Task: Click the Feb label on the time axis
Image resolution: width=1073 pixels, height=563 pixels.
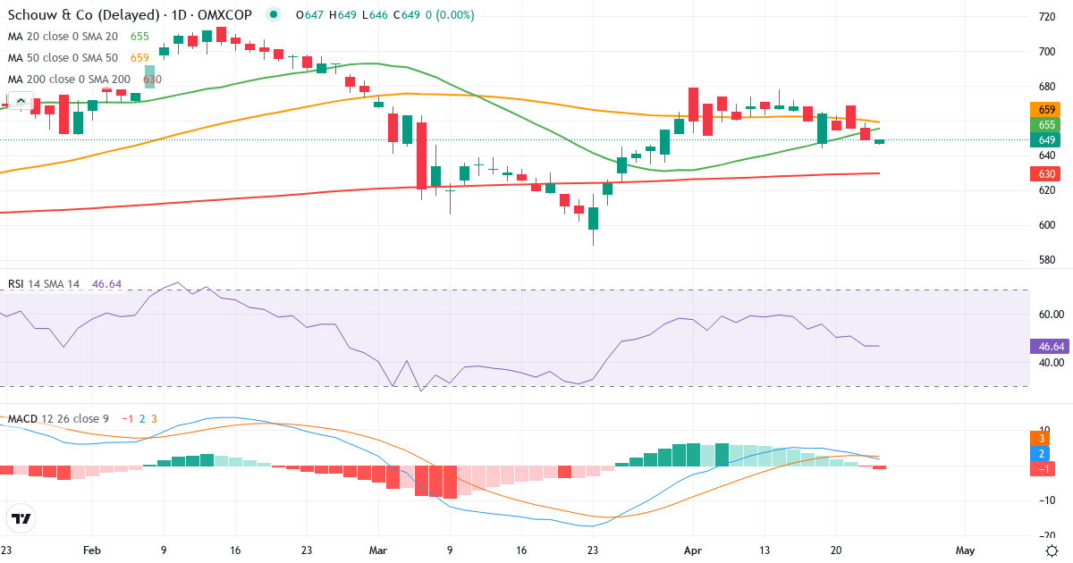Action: click(x=92, y=550)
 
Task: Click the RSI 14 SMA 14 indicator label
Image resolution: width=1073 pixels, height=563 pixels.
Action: click(x=44, y=284)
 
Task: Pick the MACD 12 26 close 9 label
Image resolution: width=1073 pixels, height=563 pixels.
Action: click(x=57, y=419)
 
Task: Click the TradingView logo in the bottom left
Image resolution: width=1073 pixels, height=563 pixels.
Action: click(x=21, y=518)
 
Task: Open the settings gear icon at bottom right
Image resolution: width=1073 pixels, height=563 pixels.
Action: click(x=1052, y=550)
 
